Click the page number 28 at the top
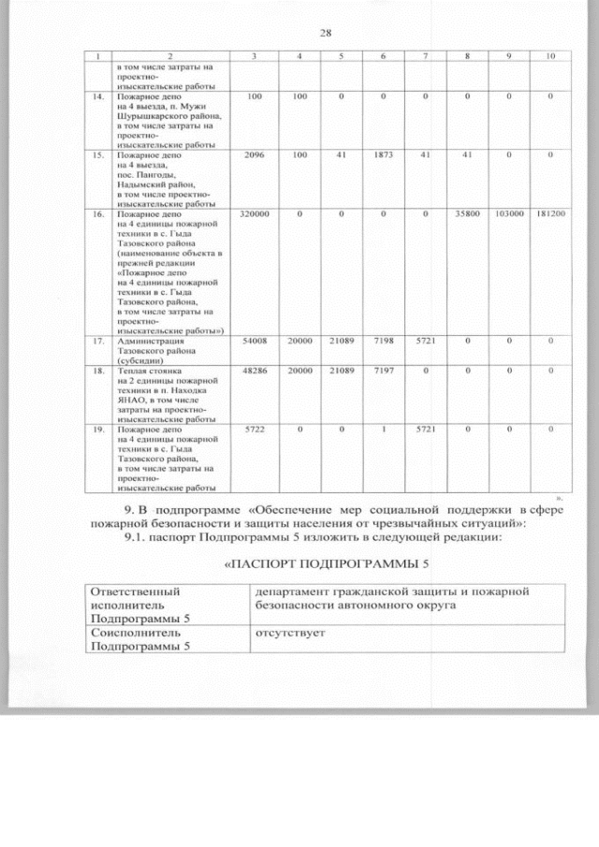(326, 34)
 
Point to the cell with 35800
(467, 214)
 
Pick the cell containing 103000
(508, 214)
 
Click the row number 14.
(97, 96)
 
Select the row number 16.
(97, 214)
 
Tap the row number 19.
(97, 430)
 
